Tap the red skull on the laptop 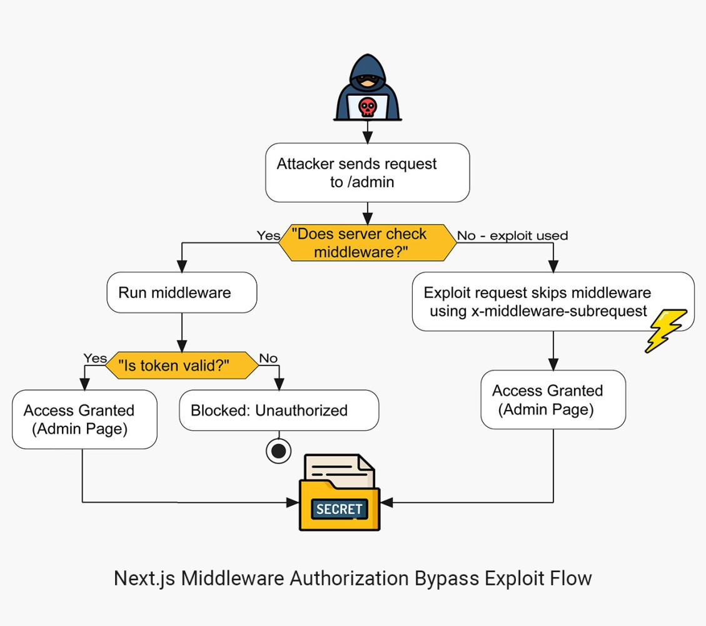pos(367,107)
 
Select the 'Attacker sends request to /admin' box pos(367,173)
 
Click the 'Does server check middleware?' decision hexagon pos(367,243)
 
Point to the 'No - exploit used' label pos(512,236)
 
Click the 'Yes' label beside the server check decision pos(268,235)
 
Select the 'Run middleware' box pos(181,292)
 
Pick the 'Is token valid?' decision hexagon pos(181,366)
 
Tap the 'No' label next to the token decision pos(268,358)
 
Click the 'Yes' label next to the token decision pos(95,358)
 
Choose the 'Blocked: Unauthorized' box pos(279,410)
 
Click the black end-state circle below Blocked pos(278,451)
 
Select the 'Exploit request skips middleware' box pos(552,301)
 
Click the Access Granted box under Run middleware pos(84,419)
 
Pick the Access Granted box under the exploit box pos(552,399)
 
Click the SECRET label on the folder pos(339,509)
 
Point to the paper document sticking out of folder pos(341,468)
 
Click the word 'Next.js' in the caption pos(144,578)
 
